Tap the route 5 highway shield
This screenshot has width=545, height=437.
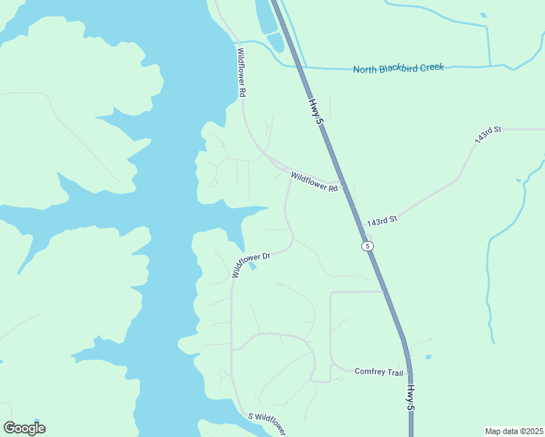368,246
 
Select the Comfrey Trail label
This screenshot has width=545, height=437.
379,372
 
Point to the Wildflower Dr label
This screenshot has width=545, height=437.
251,264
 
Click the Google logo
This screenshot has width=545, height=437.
24,428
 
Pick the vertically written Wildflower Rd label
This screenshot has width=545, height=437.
241,73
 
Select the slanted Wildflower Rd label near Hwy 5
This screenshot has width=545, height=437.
314,181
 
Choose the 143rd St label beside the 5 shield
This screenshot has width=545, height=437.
383,220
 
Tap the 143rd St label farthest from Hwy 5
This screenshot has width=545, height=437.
487,134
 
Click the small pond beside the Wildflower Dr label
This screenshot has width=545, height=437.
252,267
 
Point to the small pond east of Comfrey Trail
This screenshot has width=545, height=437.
427,358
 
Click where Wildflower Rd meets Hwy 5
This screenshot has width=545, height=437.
341,183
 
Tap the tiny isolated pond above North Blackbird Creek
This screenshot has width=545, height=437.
482,15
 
